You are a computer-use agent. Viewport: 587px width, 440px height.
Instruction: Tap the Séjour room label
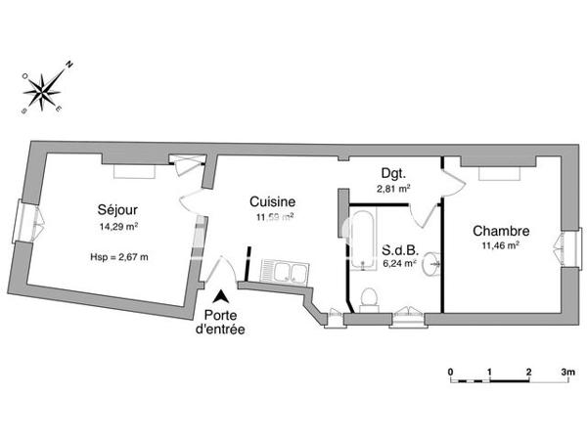116,209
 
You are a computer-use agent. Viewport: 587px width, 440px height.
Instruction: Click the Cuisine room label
272,200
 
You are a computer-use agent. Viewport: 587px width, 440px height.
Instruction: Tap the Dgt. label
391,173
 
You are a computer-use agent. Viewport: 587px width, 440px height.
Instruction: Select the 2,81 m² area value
392,189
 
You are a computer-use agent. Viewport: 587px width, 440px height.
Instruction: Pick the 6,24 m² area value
398,263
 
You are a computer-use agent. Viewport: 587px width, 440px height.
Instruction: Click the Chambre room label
502,231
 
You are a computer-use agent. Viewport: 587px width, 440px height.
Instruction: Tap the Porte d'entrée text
224,322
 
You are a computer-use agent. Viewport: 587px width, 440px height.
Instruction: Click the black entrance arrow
223,295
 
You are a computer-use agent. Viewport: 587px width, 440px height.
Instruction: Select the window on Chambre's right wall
562,249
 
